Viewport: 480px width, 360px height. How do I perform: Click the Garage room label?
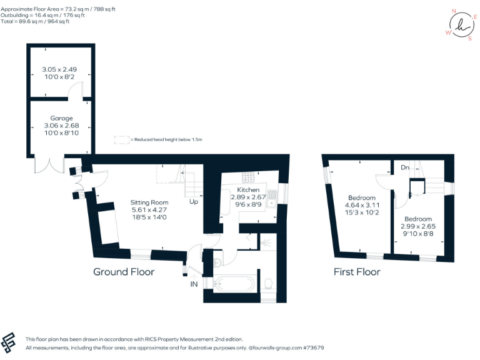tap(62, 118)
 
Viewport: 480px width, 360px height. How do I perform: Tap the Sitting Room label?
tap(149, 202)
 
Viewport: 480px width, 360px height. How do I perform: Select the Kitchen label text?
tap(248, 189)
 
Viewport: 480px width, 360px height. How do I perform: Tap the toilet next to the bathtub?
tap(267, 284)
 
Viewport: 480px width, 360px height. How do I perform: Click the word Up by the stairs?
tap(194, 202)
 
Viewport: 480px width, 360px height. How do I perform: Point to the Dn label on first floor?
tap(405, 167)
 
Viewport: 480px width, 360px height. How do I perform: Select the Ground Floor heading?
tap(124, 271)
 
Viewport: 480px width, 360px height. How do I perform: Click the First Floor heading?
tap(356, 272)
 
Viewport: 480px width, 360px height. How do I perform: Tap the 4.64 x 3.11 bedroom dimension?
tap(362, 205)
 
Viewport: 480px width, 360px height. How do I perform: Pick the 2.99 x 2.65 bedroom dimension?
tap(414, 226)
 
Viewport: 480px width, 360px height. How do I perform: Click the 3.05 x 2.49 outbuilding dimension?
tap(61, 69)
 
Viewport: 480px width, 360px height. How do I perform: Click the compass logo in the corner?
tap(462, 25)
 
